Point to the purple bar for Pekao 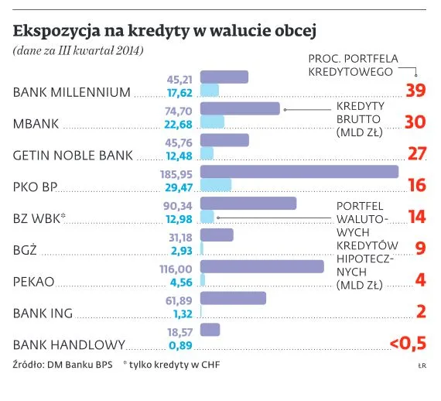[x=262, y=266]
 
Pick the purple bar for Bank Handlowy [x=210, y=330]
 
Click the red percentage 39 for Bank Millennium [x=415, y=91]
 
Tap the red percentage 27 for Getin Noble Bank [x=417, y=153]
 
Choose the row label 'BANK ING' [x=43, y=314]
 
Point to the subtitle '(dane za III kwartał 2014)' [x=78, y=51]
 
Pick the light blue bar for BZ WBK [x=207, y=218]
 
